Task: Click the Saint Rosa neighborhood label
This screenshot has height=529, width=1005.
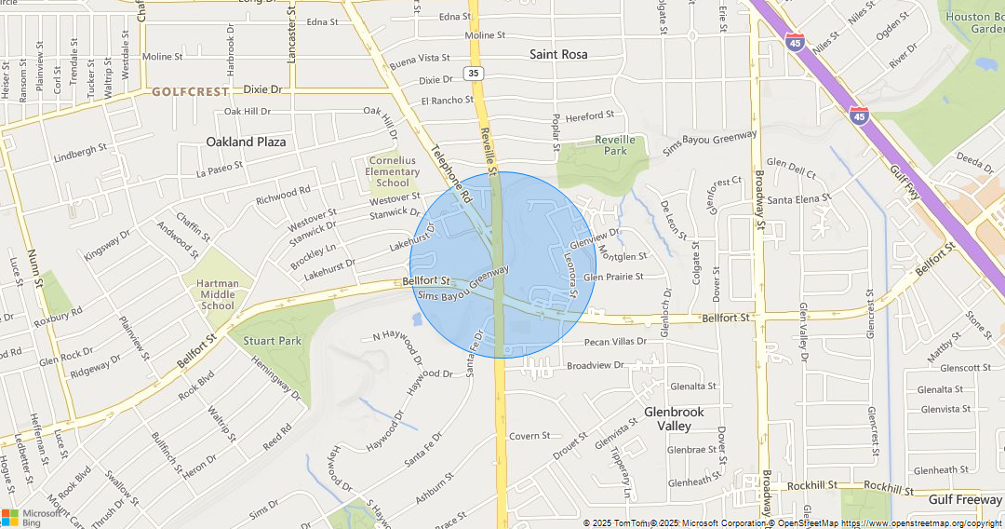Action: point(558,54)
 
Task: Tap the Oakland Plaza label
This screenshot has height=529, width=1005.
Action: point(246,142)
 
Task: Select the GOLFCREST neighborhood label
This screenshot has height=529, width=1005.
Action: point(190,91)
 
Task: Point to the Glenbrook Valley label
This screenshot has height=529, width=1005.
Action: point(674,418)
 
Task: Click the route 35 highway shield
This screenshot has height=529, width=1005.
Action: point(475,73)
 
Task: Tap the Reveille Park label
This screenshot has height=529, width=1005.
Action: point(615,144)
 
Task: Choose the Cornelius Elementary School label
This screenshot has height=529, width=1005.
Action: point(393,171)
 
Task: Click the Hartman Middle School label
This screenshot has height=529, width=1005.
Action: point(218,294)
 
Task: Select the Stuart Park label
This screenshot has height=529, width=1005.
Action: point(273,341)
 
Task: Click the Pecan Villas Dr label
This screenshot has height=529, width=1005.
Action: point(615,342)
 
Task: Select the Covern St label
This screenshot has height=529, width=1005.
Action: point(529,435)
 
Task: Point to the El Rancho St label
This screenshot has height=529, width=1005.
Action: point(447,101)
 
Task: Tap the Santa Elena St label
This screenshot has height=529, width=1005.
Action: point(798,199)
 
